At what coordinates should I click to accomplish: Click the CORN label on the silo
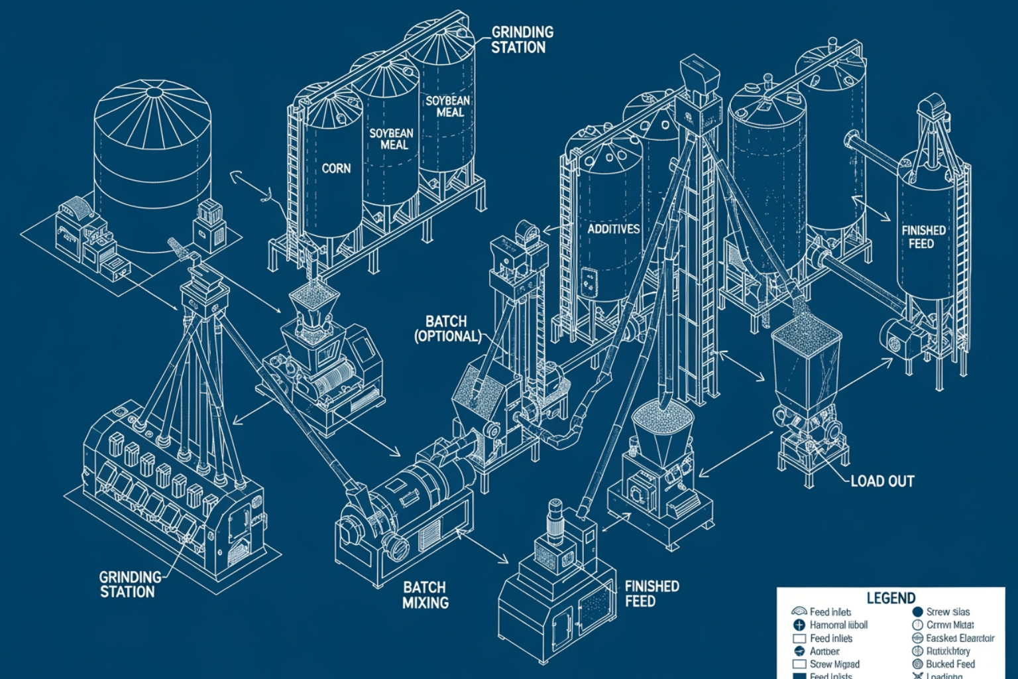coord(336,168)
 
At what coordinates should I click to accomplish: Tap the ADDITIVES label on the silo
coord(614,229)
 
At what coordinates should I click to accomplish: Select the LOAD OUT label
coord(881,481)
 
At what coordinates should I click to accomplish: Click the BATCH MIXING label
coord(425,595)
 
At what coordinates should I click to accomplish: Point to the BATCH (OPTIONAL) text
coord(447,329)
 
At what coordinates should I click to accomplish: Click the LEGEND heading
coord(890,597)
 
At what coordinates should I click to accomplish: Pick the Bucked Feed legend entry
coord(950,664)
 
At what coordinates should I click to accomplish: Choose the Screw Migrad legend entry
coord(834,664)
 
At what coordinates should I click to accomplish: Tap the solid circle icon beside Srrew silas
coord(917,612)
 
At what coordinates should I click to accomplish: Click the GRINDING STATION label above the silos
coord(522,39)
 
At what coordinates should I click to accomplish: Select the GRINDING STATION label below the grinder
coord(130,584)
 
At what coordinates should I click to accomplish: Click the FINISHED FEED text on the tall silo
coord(923,237)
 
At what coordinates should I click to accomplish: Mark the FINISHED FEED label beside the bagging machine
coord(651,593)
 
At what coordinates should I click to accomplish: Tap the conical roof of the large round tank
coord(154,106)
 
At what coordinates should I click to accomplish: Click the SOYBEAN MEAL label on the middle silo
coord(391,139)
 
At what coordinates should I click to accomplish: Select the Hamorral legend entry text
coord(838,625)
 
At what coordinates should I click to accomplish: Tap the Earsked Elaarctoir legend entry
coord(960,638)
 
